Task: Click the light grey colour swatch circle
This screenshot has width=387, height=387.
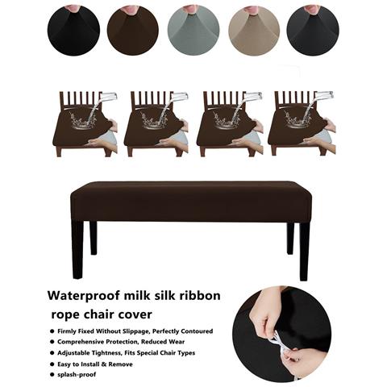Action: tap(193, 30)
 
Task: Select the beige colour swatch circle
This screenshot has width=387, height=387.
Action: tap(254, 30)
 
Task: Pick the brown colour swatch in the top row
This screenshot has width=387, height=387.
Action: tap(133, 30)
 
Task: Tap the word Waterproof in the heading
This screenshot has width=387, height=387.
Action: tap(84, 296)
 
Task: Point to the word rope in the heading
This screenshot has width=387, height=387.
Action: tap(65, 315)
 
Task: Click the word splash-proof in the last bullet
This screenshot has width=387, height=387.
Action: tap(77, 374)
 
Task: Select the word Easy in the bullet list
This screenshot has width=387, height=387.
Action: tap(64, 364)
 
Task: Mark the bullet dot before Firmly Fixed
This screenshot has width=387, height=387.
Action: tap(52, 331)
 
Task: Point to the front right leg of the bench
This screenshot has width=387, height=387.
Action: tap(305, 252)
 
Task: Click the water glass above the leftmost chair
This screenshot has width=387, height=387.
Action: tap(108, 96)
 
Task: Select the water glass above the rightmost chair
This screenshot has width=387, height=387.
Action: tap(324, 95)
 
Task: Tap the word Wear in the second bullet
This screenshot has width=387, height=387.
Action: tap(177, 342)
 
